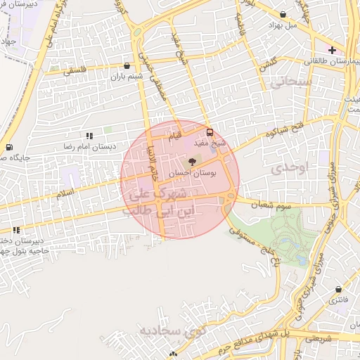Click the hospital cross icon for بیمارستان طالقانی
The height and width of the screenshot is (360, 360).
pyautogui.click(x=332, y=51)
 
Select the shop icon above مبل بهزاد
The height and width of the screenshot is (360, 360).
pyautogui.click(x=283, y=14)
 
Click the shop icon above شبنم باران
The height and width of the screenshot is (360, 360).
pyautogui.click(x=127, y=65)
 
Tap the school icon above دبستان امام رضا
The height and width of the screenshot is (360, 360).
pyautogui.click(x=89, y=135)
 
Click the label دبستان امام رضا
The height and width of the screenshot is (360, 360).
pyautogui.click(x=87, y=146)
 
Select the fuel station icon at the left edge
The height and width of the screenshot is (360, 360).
pyautogui.click(x=8, y=148)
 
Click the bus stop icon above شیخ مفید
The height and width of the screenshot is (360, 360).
pyautogui.click(x=210, y=132)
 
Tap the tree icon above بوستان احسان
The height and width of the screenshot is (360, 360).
pyautogui.click(x=193, y=162)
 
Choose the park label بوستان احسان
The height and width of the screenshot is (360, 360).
pyautogui.click(x=191, y=173)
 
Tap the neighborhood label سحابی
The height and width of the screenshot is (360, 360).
pyautogui.click(x=285, y=84)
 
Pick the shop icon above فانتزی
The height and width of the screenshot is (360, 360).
pyautogui.click(x=339, y=290)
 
